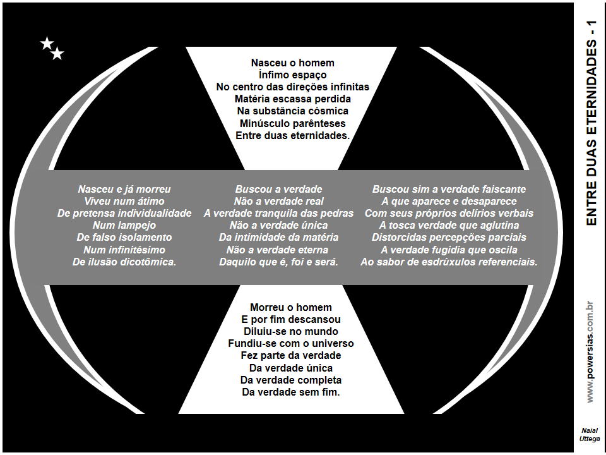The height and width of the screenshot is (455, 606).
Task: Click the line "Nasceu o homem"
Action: coord(292,63)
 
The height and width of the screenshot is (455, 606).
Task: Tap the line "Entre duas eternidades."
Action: coord(292,135)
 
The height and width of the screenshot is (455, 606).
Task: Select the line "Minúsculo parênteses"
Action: coord(292,123)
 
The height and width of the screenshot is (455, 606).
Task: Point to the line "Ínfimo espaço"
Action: coord(292,75)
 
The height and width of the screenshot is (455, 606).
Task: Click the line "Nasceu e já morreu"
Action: coord(124,189)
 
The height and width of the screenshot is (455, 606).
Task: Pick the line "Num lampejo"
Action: coord(124,225)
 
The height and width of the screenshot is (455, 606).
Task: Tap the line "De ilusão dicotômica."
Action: coord(124,262)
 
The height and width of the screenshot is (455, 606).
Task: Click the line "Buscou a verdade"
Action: coord(278,189)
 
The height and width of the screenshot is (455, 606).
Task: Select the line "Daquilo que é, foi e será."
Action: coord(278,262)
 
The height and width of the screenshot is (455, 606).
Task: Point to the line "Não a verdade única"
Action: coord(278,225)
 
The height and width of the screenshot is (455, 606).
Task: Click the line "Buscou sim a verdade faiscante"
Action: coord(449,189)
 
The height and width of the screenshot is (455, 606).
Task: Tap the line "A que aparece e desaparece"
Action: coord(449,201)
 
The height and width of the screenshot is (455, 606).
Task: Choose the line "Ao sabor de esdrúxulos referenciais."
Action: coord(449,262)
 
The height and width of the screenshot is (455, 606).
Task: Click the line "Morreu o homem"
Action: coord(291,307)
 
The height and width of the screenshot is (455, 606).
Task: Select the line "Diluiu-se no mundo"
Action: coord(291,331)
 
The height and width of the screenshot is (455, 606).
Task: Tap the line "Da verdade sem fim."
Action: coord(291,392)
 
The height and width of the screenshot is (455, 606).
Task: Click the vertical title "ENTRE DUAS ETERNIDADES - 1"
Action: coord(591,123)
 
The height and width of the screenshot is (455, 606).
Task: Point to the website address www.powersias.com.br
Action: coord(590,351)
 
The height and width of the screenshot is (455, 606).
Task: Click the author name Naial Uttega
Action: coord(590,434)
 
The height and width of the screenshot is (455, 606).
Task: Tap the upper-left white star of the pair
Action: coord(47,44)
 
